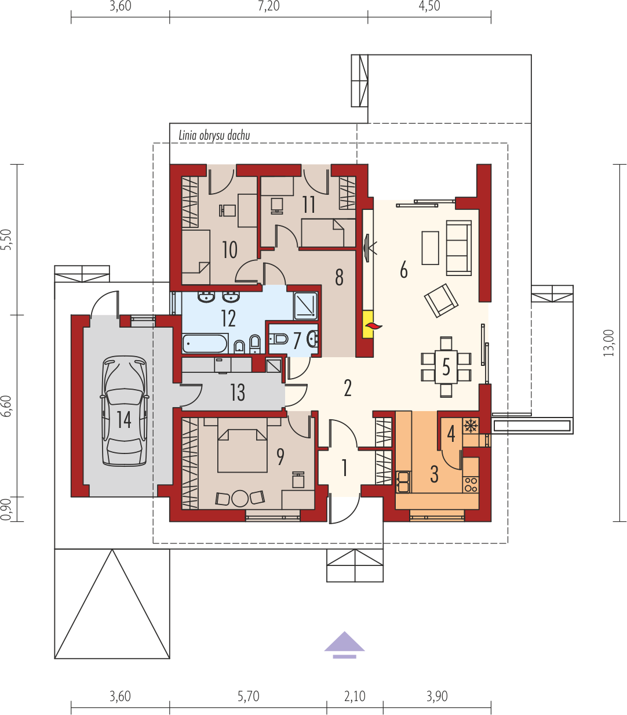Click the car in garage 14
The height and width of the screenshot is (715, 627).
pyautogui.click(x=125, y=412)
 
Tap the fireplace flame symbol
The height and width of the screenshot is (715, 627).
pyautogui.click(x=374, y=326)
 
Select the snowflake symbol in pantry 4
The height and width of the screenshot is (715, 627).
pyautogui.click(x=470, y=426)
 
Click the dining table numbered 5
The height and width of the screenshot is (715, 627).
pyautogui.click(x=446, y=366)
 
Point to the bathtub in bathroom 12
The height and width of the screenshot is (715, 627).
pyautogui.click(x=205, y=344)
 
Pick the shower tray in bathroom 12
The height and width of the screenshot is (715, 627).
pyautogui.click(x=306, y=306)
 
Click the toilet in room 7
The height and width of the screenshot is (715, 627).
pyautogui.click(x=279, y=339)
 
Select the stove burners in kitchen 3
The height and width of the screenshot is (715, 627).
pyautogui.click(x=471, y=484)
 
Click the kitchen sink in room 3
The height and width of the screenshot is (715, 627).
pyautogui.click(x=403, y=482)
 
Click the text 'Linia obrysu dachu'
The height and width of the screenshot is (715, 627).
pyautogui.click(x=214, y=136)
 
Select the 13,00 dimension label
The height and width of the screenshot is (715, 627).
pyautogui.click(x=608, y=343)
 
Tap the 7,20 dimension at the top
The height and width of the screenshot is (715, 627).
pyautogui.click(x=269, y=6)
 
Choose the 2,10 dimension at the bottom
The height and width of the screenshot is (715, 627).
pyautogui.click(x=355, y=696)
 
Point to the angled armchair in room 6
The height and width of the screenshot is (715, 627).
pyautogui.click(x=441, y=300)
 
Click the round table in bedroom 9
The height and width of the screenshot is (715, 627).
pyautogui.click(x=240, y=498)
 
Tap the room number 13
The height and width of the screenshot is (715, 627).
pyautogui.click(x=238, y=393)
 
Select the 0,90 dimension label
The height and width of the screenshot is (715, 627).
pyautogui.click(x=6, y=509)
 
